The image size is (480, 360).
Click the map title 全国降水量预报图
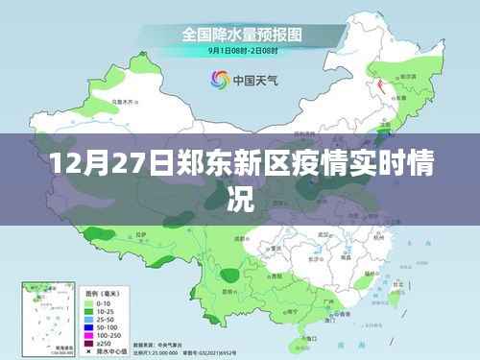tap(242, 34)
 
